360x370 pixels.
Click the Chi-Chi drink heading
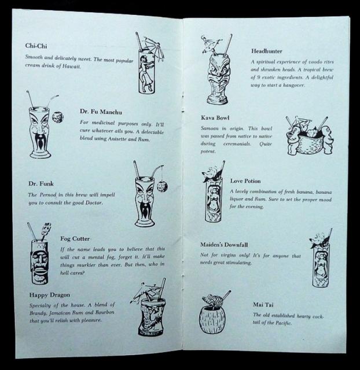[x=36, y=46]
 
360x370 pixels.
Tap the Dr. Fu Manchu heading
[x=101, y=112]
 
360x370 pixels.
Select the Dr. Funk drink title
[x=41, y=184]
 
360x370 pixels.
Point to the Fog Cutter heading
[x=75, y=239]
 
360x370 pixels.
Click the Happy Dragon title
[x=50, y=295]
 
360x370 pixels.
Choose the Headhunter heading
[x=267, y=51]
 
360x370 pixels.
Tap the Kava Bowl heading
[x=215, y=118]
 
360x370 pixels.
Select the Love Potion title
[x=245, y=181]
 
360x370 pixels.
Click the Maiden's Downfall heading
[x=224, y=245]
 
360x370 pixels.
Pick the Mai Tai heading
[x=263, y=305]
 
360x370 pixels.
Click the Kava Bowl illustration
[x=310, y=136]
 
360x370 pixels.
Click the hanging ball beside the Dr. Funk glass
[x=162, y=186]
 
